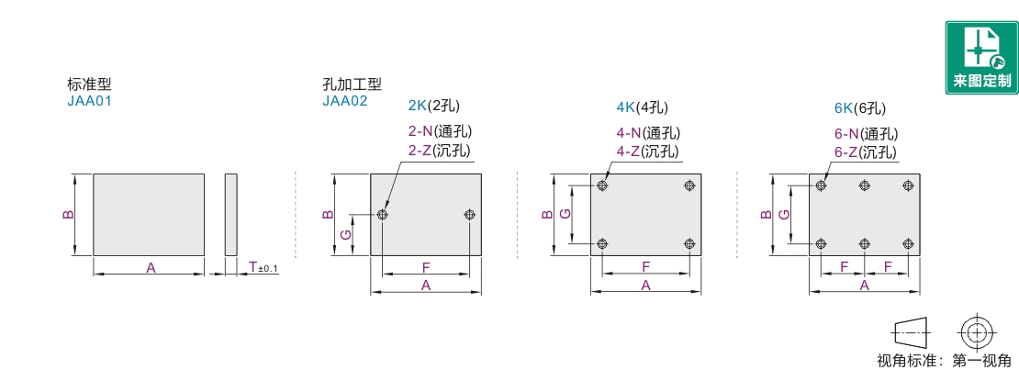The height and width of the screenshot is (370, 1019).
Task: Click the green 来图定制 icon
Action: (981, 58)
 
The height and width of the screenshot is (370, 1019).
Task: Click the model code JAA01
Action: (89, 102)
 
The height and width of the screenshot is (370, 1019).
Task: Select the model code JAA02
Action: (345, 102)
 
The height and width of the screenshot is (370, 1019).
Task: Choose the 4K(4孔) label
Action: (643, 107)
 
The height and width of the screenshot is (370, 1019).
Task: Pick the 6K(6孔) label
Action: (860, 107)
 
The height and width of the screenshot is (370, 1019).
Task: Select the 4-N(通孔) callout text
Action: (648, 133)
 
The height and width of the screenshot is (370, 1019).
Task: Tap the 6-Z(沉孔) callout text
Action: (866, 151)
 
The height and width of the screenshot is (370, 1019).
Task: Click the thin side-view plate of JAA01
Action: (230, 214)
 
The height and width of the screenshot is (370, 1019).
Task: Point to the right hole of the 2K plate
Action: (469, 215)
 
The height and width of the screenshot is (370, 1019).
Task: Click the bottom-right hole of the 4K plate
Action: (689, 243)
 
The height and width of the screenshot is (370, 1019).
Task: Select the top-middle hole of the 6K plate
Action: (864, 186)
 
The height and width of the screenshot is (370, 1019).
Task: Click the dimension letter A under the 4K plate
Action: (645, 286)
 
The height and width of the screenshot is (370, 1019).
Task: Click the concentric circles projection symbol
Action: (976, 331)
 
